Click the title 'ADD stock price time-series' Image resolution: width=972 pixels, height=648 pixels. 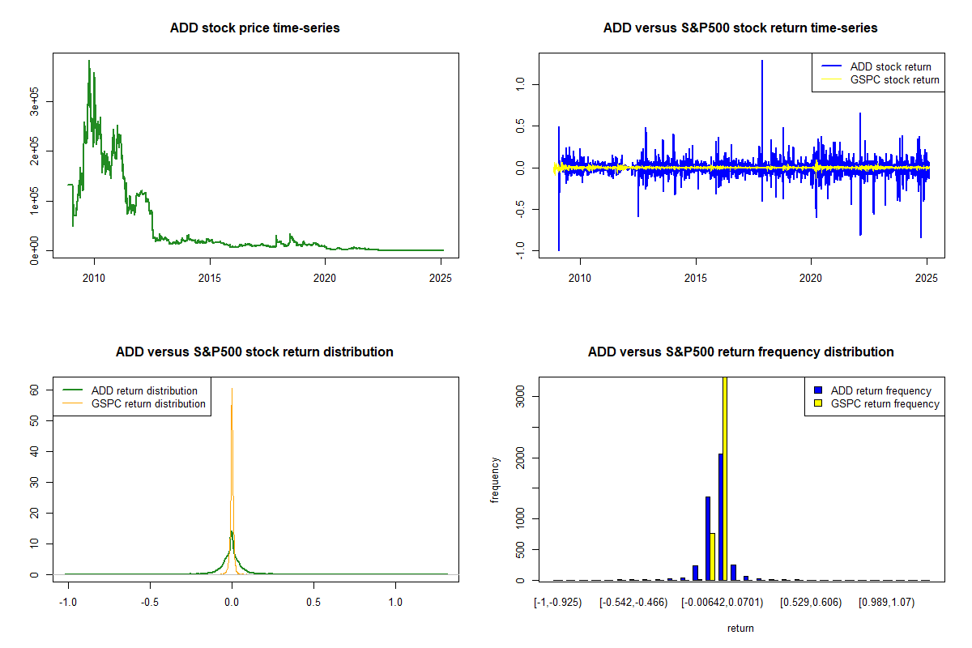[x=254, y=28]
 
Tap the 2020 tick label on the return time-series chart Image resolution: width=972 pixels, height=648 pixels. [x=811, y=278]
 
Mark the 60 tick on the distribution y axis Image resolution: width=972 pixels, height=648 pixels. [x=34, y=389]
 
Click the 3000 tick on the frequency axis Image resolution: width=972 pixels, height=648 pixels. [x=521, y=396]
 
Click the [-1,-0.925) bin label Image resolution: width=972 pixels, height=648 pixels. [x=558, y=603]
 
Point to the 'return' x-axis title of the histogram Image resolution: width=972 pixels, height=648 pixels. [x=740, y=628]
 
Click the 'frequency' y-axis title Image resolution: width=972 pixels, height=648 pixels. [x=495, y=480]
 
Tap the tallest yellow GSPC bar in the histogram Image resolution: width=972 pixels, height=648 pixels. [x=725, y=478]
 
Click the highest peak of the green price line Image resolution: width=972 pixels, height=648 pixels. [x=89, y=61]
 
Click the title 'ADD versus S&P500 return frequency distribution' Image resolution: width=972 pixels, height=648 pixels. [x=740, y=352]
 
